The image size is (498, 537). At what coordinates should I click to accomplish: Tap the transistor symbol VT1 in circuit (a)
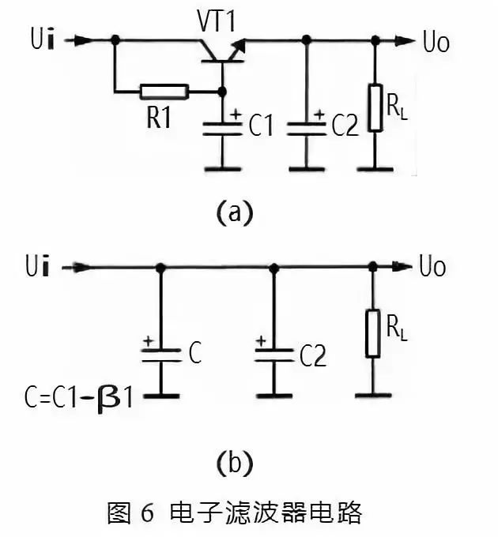coord(222,50)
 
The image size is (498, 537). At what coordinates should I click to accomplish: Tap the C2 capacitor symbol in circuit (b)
coord(274,355)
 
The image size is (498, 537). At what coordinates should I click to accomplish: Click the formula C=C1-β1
coord(79,392)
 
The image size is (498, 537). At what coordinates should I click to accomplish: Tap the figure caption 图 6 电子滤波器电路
coord(234,513)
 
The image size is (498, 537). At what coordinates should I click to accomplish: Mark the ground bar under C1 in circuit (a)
coord(222,168)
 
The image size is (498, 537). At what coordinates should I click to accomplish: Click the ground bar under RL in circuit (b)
coord(371,393)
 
